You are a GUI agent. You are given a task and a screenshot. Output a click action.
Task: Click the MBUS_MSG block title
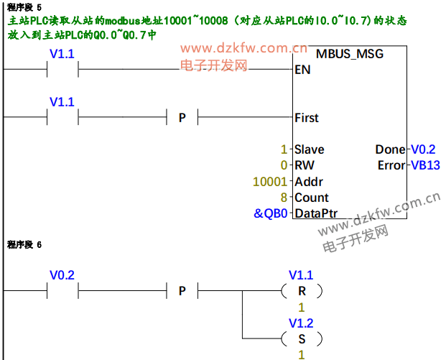[x=350, y=54]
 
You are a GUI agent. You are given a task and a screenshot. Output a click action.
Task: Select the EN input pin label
[x=302, y=70]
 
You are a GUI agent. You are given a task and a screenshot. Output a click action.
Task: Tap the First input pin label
[x=307, y=117]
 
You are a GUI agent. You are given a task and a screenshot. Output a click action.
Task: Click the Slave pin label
[x=309, y=149]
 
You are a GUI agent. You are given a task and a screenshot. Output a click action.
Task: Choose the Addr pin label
[x=308, y=182]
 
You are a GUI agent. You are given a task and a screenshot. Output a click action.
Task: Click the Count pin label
[x=311, y=198]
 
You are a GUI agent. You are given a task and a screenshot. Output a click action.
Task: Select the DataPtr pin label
[x=316, y=213]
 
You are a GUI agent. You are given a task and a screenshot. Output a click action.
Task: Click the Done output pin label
[x=390, y=149]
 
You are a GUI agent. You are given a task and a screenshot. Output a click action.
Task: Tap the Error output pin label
[x=391, y=166]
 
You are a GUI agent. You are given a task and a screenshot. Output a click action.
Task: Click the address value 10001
[x=270, y=182]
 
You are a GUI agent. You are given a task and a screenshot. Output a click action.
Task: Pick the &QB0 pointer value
[x=270, y=213]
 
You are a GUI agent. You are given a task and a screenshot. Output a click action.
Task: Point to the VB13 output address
[x=425, y=166]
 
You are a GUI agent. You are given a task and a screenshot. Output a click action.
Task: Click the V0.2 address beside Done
[x=424, y=149]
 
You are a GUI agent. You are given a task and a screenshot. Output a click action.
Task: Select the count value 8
[x=284, y=198]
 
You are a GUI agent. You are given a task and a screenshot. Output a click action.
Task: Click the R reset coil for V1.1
[x=302, y=291]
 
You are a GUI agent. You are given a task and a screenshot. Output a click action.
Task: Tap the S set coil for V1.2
[x=302, y=338]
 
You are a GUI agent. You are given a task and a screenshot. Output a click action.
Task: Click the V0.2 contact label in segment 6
[x=62, y=274]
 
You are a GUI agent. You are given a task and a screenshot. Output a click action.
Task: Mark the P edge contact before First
[x=182, y=117]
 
